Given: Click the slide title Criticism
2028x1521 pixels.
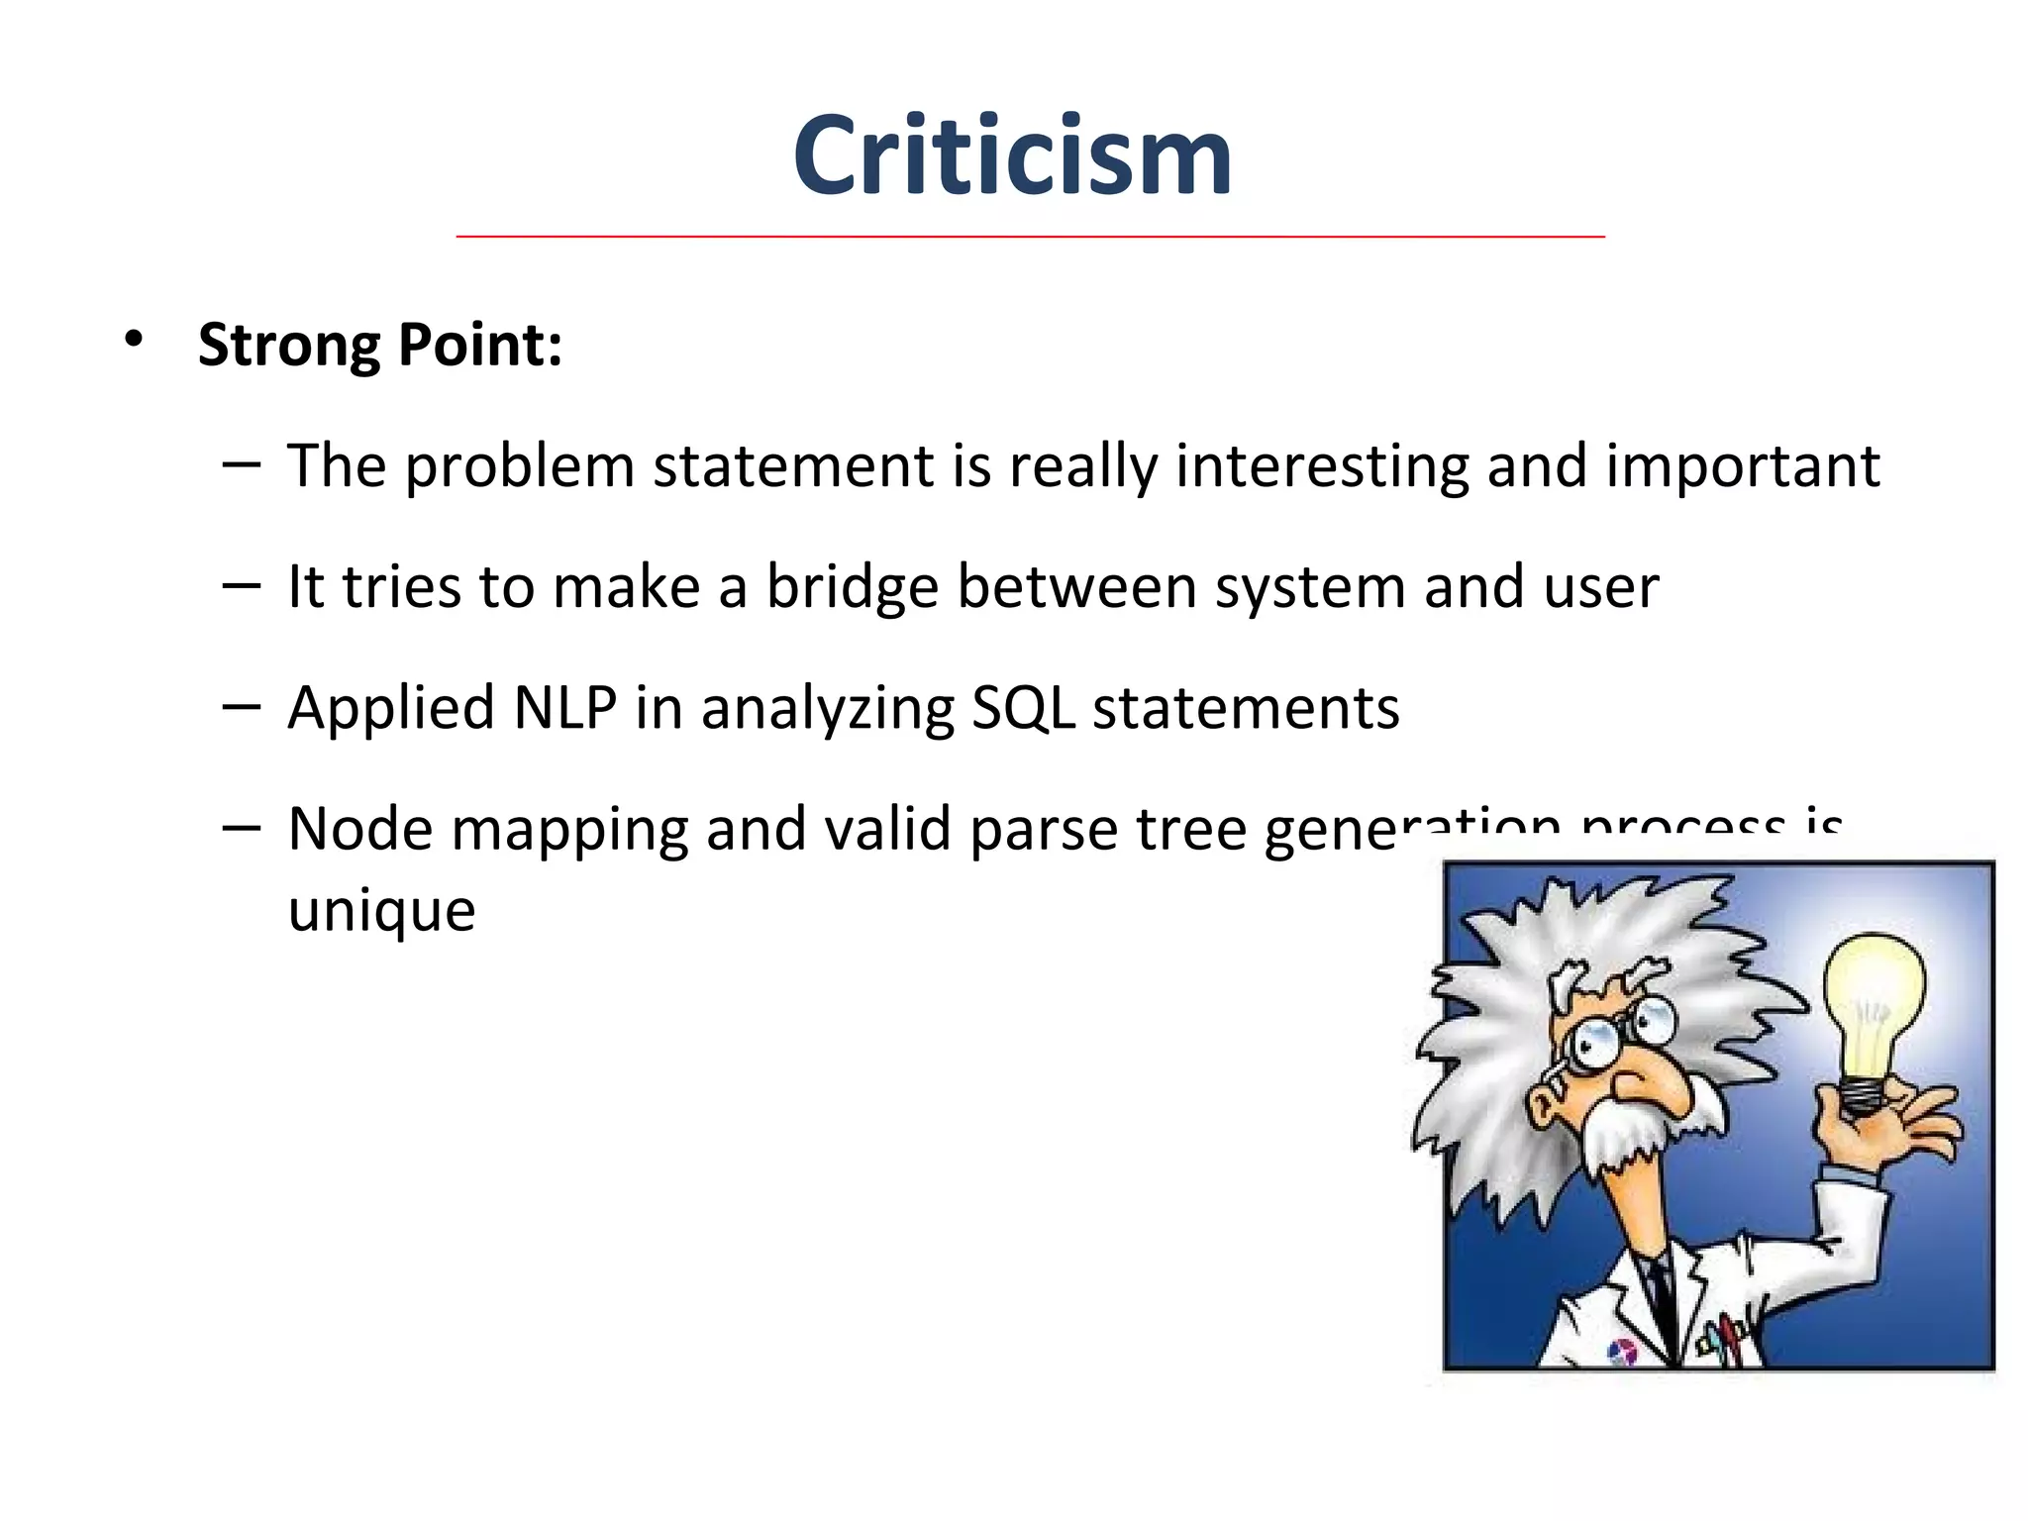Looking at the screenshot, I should tap(1012, 156).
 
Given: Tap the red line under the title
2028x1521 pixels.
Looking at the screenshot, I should tap(1030, 237).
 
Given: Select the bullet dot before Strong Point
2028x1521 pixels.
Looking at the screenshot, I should tap(134, 341).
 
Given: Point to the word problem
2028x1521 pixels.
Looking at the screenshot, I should tap(519, 467).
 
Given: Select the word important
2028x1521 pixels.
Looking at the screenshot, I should tap(1742, 467).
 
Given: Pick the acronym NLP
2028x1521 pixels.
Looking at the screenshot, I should tap(565, 708).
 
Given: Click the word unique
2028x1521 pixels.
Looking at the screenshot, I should tap(381, 911).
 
